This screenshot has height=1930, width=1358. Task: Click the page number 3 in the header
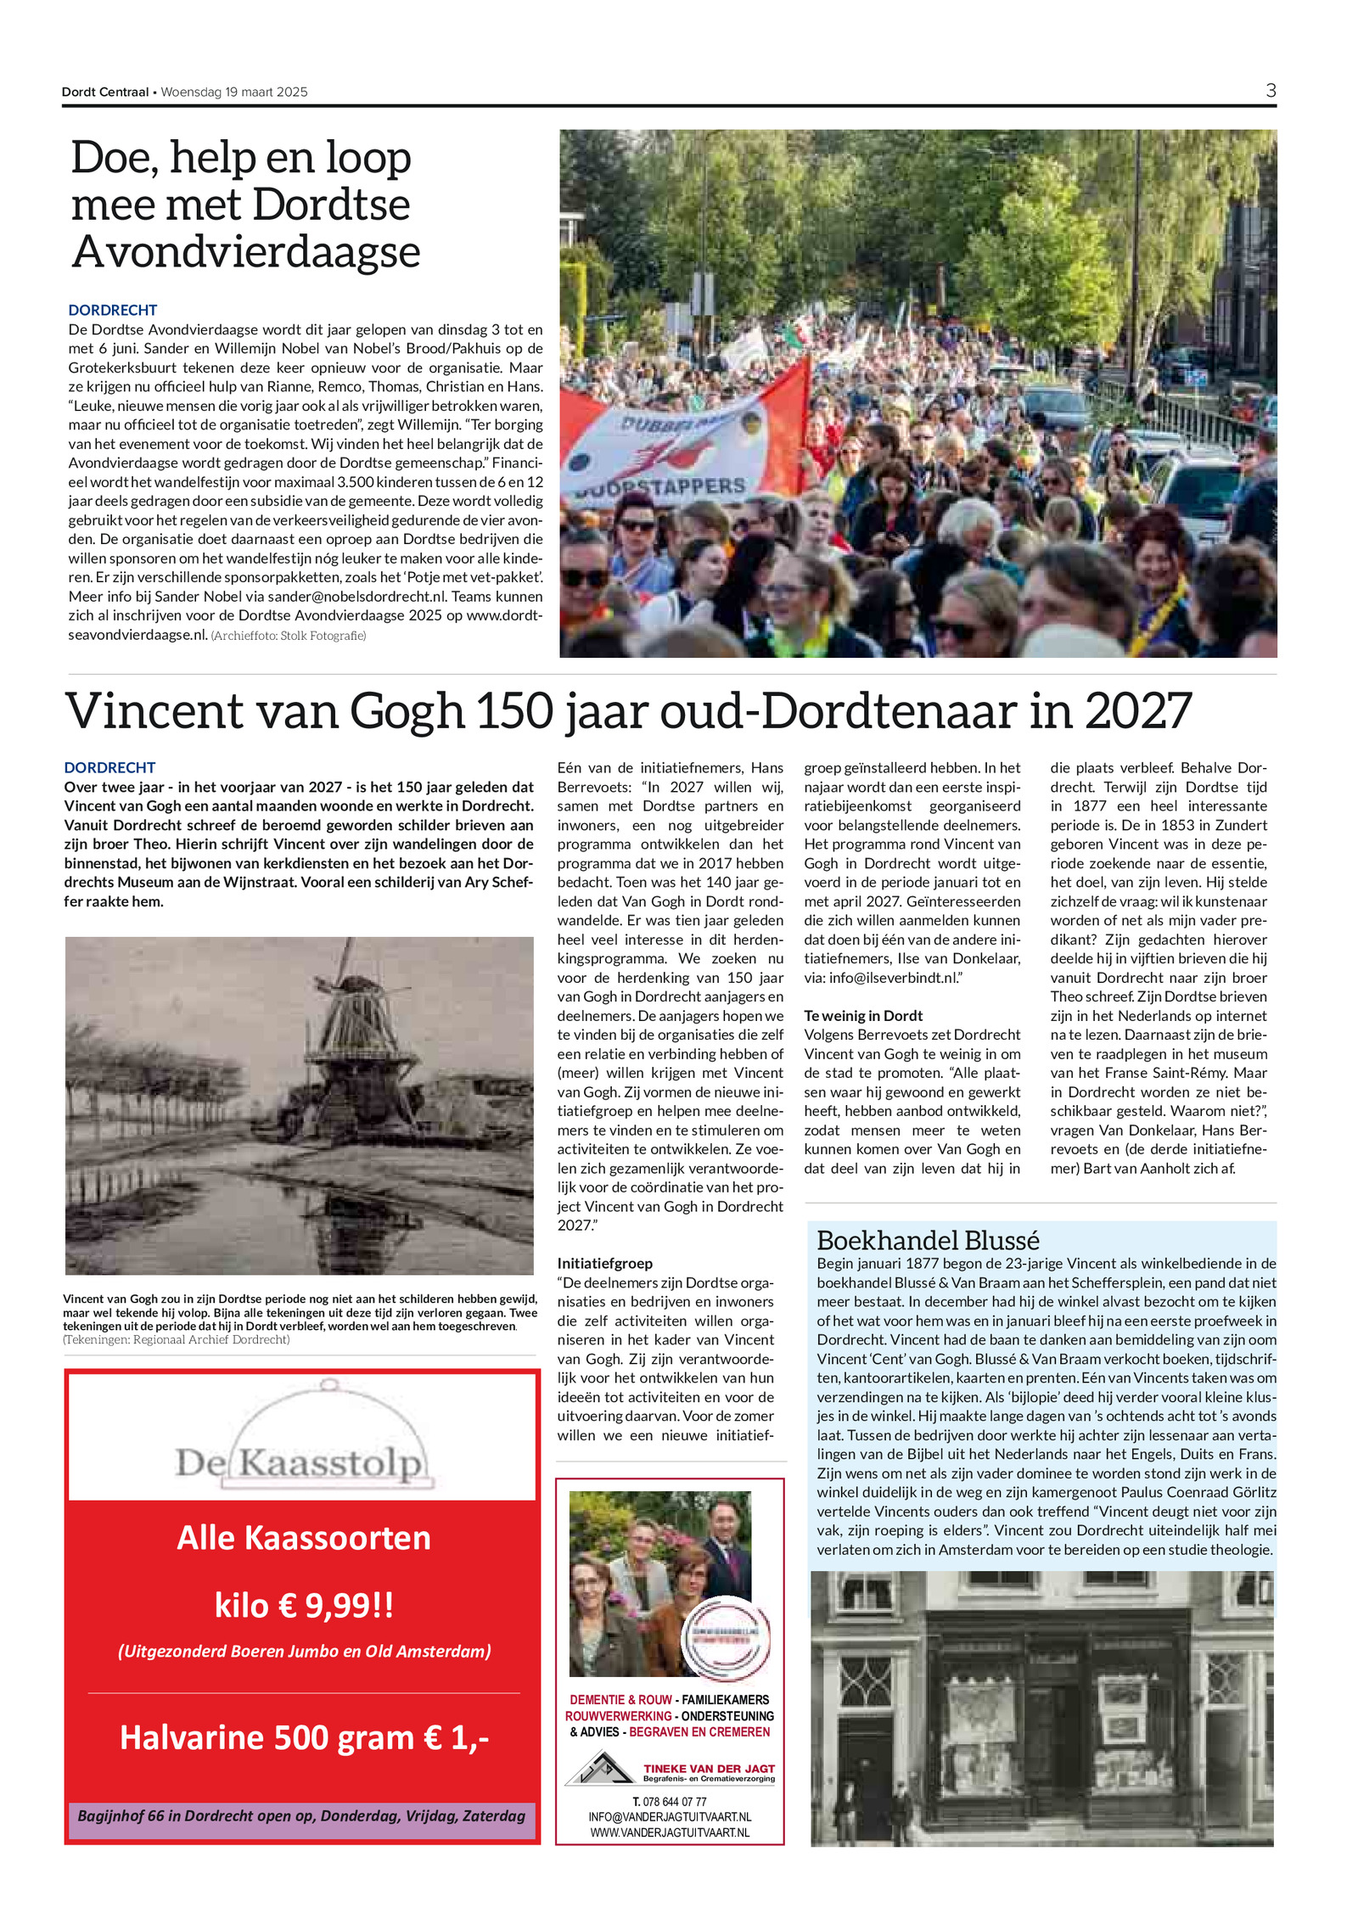coord(1270,91)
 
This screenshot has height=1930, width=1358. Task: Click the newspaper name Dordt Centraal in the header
coord(105,93)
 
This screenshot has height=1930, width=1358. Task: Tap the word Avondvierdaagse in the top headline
coord(246,252)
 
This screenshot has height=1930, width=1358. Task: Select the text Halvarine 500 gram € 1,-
coord(304,1737)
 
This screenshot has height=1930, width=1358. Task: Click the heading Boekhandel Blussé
coord(928,1240)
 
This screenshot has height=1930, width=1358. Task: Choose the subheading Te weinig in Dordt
coord(863,1016)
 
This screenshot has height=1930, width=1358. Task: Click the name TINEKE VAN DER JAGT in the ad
coord(709,1769)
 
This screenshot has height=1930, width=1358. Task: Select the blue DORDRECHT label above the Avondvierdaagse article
coord(113,311)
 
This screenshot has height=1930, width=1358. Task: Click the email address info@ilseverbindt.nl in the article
coord(893,978)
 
